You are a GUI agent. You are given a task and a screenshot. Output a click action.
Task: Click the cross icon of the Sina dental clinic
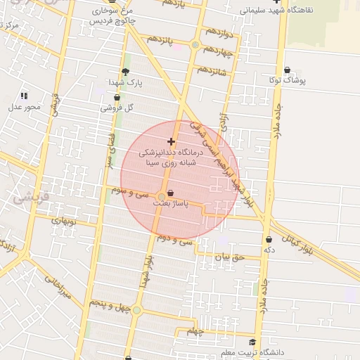[x=171, y=141]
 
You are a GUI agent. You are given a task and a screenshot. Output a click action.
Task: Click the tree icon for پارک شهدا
[x=126, y=72]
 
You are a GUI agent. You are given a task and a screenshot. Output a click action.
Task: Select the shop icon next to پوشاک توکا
[x=289, y=70]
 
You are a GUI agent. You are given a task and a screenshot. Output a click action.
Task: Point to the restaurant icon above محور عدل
[x=24, y=96]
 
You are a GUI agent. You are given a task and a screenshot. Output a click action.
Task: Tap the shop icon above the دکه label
[x=269, y=239]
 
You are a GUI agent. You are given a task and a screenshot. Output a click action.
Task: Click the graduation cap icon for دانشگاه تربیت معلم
[x=252, y=342]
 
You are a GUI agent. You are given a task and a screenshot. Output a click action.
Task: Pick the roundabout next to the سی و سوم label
[x=162, y=195]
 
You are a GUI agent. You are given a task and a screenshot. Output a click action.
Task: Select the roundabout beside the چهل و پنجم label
[x=136, y=309]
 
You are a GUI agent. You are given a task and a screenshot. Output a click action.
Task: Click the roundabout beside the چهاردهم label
[x=195, y=46]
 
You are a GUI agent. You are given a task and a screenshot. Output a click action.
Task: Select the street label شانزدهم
[x=212, y=70]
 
